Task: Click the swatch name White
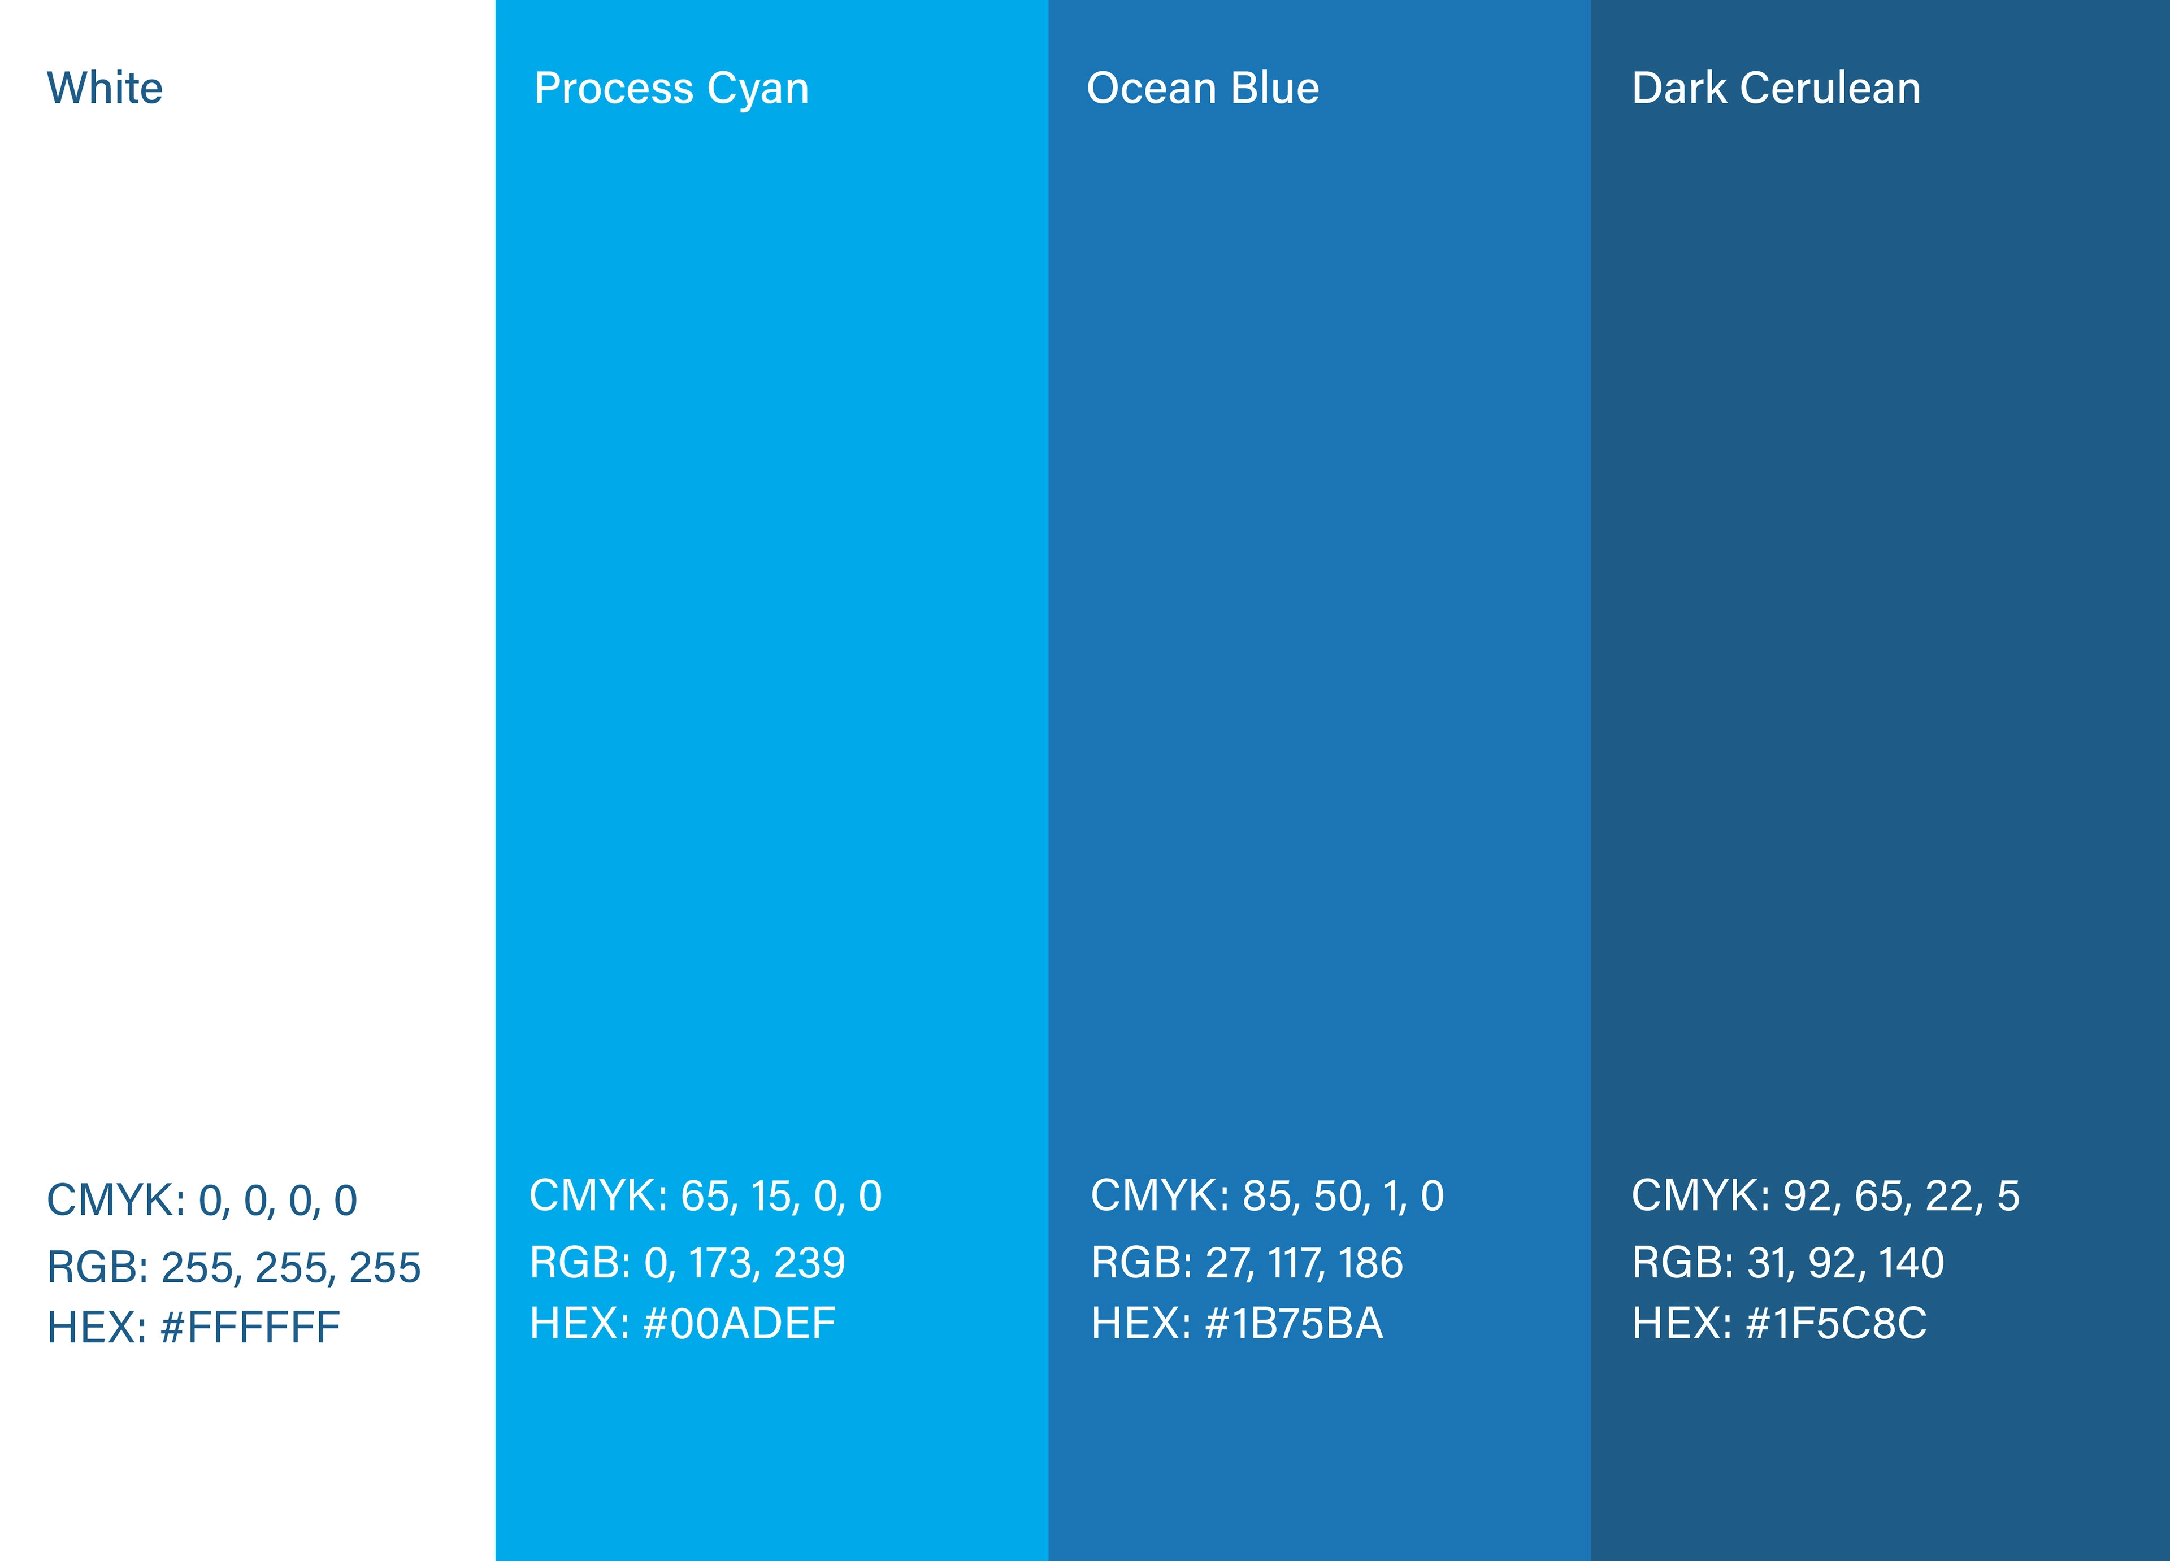point(105,88)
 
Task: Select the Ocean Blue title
point(1203,88)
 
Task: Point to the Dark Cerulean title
point(1776,88)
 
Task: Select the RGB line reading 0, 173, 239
point(688,1263)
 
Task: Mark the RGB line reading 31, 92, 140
point(1788,1263)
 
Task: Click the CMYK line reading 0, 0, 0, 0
point(202,1201)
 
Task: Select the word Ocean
point(1151,88)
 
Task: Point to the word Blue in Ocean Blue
point(1275,88)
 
